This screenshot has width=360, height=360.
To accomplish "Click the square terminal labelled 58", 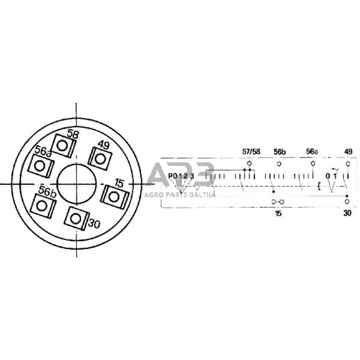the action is pyautogui.click(x=64, y=146).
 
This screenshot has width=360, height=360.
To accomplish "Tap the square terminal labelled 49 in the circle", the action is pyautogui.click(x=100, y=159).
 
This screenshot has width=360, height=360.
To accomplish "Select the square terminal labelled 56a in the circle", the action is pyautogui.click(x=41, y=166).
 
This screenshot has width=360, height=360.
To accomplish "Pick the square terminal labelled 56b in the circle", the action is pyautogui.click(x=44, y=206).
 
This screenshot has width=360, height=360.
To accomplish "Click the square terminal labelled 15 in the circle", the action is pyautogui.click(x=114, y=197).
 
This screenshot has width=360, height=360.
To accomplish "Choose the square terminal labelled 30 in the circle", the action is pyautogui.click(x=76, y=218).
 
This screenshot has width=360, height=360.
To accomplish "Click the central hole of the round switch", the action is pyautogui.click(x=76, y=184).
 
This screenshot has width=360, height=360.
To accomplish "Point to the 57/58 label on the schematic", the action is pyautogui.click(x=251, y=152).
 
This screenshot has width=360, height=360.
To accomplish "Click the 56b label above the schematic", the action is pyautogui.click(x=280, y=152).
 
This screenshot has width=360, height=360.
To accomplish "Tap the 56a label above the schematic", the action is pyautogui.click(x=312, y=152).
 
